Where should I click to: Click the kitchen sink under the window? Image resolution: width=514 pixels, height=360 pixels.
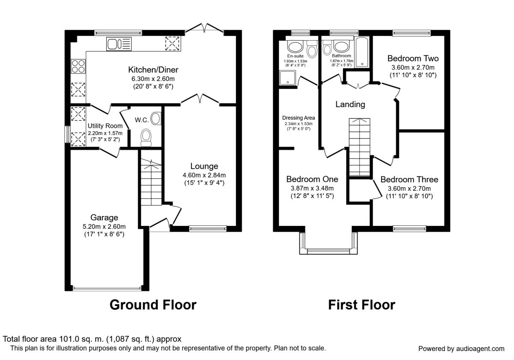pos(119,44)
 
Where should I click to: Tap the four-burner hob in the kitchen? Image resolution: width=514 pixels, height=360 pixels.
pos(78,66)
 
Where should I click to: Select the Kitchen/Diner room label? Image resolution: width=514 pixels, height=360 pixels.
pos(153,69)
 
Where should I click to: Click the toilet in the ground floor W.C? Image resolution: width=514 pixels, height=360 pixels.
pos(146,137)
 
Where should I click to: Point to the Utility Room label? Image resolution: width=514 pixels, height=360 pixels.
pos(105,126)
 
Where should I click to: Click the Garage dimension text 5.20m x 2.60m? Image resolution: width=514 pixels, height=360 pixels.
pos(104,227)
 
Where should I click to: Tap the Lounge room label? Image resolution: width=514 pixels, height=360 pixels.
pos(204,166)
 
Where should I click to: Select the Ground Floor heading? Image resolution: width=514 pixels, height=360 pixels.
pos(153,305)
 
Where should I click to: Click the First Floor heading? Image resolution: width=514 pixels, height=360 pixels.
pos(362,305)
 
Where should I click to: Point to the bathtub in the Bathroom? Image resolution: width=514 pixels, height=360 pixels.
pos(362,52)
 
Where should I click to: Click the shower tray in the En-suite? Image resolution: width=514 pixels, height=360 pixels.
pos(287,78)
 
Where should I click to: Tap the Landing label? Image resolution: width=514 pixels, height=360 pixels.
pos(350,105)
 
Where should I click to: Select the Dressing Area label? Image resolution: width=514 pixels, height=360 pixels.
pos(299,118)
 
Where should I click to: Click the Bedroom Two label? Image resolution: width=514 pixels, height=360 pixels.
pos(413,59)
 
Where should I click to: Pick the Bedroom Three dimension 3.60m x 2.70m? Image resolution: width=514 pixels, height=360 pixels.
pos(409,189)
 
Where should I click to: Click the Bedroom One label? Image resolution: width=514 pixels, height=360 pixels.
pos(312,179)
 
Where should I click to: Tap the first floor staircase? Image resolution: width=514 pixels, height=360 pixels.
pos(359,147)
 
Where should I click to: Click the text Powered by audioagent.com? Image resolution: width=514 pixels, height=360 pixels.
pos(461,348)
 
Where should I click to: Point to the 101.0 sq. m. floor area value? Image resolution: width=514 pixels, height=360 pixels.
pos(81,339)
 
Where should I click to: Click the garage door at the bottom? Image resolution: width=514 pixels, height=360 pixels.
pos(107,288)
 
